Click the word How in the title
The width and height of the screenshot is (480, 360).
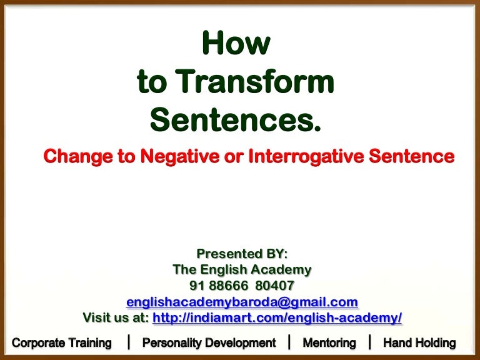pos(236,44)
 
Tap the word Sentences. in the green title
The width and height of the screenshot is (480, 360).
pos(236,119)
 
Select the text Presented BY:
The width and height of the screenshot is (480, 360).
pos(242,254)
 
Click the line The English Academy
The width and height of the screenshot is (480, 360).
pos(242,270)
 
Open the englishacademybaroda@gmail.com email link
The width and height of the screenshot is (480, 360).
pos(242,302)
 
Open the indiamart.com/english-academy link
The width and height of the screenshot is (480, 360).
pos(277,317)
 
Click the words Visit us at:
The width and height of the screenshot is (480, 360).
pos(116,317)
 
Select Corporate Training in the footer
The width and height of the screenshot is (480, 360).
pos(62,342)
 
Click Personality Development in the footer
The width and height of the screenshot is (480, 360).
pos(209,342)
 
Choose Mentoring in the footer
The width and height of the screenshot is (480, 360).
pos(329,342)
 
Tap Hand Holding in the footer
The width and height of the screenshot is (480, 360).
pos(419,342)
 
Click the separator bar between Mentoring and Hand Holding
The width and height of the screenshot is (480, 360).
pos(369,341)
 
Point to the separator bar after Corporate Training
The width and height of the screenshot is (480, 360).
pos(128,341)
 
